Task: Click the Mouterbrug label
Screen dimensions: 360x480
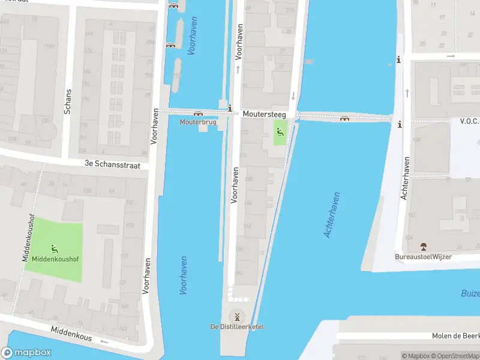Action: (x=198, y=122)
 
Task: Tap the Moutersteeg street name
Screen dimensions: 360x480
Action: (x=264, y=113)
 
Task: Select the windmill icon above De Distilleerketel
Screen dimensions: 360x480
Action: (x=237, y=316)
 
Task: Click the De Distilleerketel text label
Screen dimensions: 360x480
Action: (x=237, y=326)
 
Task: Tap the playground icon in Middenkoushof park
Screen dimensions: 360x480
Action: (x=55, y=248)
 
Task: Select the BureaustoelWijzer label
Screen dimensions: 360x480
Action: (x=423, y=257)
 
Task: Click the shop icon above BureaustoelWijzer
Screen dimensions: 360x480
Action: (x=424, y=247)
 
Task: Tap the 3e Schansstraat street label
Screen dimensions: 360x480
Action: (x=116, y=164)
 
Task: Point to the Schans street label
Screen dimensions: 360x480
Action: (x=67, y=102)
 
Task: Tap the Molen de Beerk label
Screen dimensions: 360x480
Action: (x=455, y=336)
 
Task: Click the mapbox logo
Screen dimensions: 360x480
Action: (x=26, y=353)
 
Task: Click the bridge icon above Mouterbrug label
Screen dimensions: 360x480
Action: (x=198, y=113)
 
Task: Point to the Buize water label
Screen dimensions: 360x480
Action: (x=470, y=293)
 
